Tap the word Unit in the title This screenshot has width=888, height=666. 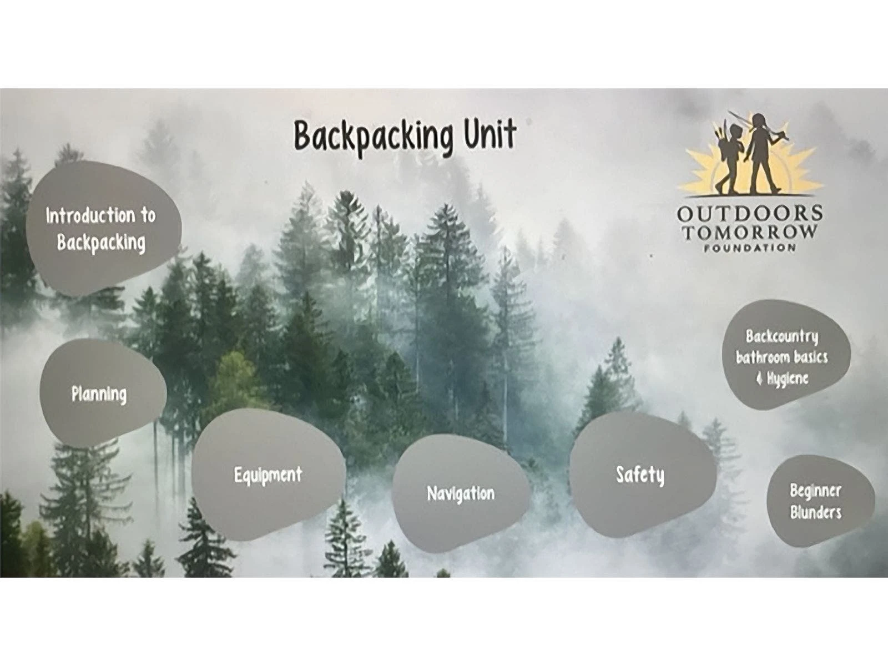pyautogui.click(x=490, y=133)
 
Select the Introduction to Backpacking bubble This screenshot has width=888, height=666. pyautogui.click(x=103, y=229)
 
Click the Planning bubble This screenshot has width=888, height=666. pyautogui.click(x=103, y=393)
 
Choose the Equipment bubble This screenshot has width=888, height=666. pyautogui.click(x=268, y=475)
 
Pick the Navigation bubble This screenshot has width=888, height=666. pyautogui.click(x=461, y=494)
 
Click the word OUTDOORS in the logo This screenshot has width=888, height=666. pyautogui.click(x=750, y=213)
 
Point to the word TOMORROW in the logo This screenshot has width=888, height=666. pyautogui.click(x=750, y=231)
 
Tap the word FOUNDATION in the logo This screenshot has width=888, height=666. pyautogui.click(x=750, y=248)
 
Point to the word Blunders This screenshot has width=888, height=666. pyautogui.click(x=815, y=513)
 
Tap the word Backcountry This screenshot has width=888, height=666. pyautogui.click(x=782, y=336)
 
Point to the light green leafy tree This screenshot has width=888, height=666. pyautogui.click(x=236, y=376)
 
